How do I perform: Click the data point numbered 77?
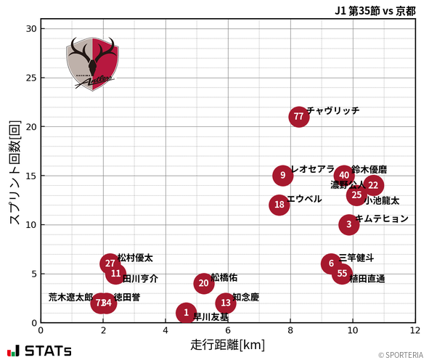(x=298, y=117)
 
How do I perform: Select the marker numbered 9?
(x=282, y=176)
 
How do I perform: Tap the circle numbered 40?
(x=344, y=176)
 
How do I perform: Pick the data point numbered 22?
(x=373, y=185)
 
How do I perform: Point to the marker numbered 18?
(x=279, y=205)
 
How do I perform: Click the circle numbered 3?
(x=349, y=224)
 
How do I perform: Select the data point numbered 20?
(x=204, y=283)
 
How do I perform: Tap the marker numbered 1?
(x=187, y=313)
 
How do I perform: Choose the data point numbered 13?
(x=226, y=303)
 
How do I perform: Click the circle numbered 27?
(x=110, y=263)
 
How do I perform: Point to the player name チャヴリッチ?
(x=332, y=110)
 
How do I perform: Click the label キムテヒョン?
(x=382, y=218)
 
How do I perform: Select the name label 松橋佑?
(x=224, y=277)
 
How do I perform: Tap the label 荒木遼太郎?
(x=70, y=298)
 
